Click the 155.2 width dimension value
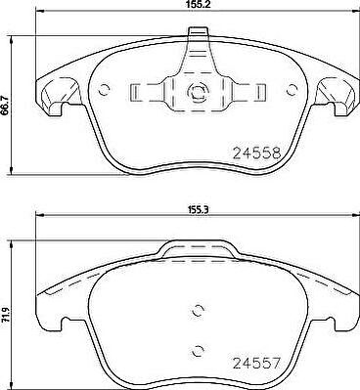196,4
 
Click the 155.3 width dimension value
196,210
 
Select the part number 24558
256,152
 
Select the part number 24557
256,363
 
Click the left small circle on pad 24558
105,89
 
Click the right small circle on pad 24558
292,89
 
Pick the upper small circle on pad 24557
198,311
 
